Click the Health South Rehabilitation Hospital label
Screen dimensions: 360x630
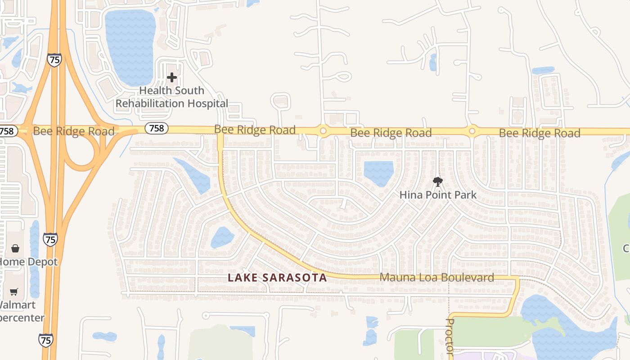pyautogui.click(x=171, y=97)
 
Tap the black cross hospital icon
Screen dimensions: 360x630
pyautogui.click(x=171, y=77)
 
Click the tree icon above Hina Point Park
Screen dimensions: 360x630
pyautogui.click(x=437, y=182)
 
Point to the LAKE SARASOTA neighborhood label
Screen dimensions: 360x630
pyautogui.click(x=277, y=278)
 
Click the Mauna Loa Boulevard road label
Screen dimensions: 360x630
pyautogui.click(x=436, y=278)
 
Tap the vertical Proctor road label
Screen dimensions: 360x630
pyautogui.click(x=450, y=335)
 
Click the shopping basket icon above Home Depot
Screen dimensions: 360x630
pyautogui.click(x=15, y=248)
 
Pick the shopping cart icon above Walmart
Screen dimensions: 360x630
pyautogui.click(x=14, y=292)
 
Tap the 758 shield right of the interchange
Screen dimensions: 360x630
pyautogui.click(x=156, y=128)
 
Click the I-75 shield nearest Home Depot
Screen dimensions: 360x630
pyautogui.click(x=50, y=239)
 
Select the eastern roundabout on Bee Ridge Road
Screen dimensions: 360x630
pyautogui.click(x=472, y=131)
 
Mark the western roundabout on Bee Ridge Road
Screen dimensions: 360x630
pyautogui.click(x=323, y=131)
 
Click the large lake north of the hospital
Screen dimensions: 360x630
pyautogui.click(x=130, y=45)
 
